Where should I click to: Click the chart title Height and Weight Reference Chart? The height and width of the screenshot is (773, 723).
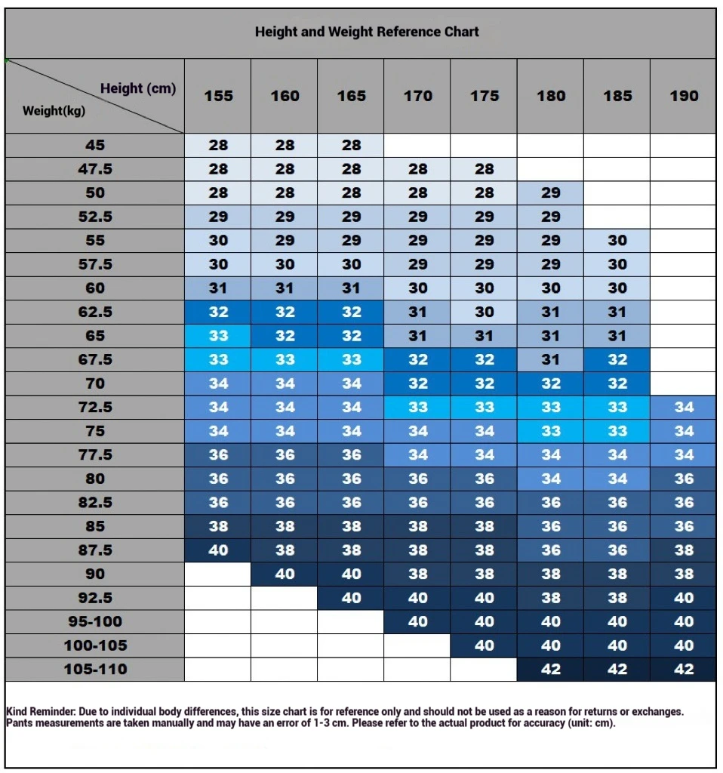[x=367, y=32]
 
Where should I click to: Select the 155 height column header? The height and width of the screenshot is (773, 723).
[x=218, y=96]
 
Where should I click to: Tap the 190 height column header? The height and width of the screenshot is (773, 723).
[x=684, y=96]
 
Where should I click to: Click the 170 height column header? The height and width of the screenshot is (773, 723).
[x=417, y=96]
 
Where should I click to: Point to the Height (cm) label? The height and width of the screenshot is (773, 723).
[x=138, y=88]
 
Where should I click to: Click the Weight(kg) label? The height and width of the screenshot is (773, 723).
[x=54, y=111]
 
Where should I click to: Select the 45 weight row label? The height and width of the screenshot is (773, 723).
[x=95, y=145]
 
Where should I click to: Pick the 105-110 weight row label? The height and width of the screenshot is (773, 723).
[x=95, y=670]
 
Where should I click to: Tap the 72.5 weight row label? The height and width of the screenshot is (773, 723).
[x=95, y=408]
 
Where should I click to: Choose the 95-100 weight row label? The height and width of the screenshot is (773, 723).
[x=95, y=622]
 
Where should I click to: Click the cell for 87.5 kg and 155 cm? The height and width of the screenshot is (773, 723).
[x=218, y=550]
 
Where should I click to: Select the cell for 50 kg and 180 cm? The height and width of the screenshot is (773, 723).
[x=551, y=192]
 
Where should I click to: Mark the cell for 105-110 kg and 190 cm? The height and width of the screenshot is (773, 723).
[x=684, y=670]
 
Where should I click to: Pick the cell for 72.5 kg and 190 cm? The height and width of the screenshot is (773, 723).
[x=684, y=408]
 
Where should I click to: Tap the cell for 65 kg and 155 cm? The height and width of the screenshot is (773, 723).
[x=218, y=336]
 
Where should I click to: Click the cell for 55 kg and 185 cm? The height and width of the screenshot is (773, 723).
[x=617, y=241]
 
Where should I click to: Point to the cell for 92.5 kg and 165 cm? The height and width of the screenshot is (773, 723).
[x=352, y=598]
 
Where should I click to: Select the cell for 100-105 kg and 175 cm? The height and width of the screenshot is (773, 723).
[x=485, y=645]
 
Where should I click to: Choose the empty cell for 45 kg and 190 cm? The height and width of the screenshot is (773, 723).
[x=684, y=145]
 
